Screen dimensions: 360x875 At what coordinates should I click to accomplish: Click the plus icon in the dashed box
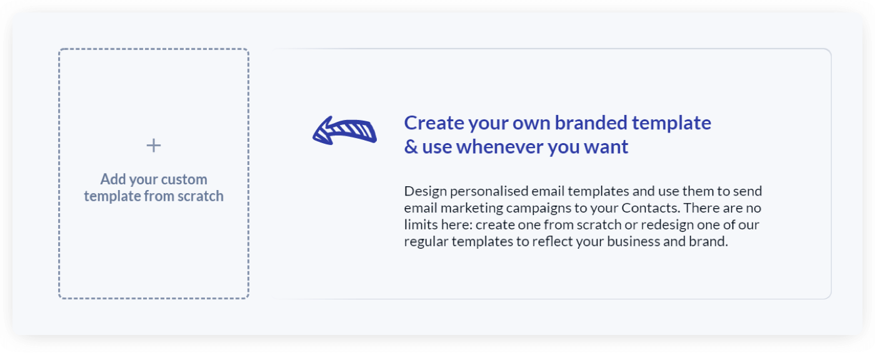154,146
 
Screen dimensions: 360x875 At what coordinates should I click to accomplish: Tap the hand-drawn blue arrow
344,131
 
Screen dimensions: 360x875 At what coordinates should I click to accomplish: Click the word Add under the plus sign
113,179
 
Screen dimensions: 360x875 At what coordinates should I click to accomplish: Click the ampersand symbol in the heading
411,147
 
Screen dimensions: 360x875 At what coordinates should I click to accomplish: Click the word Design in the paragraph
425,191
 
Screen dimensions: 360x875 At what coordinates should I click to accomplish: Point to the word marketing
464,208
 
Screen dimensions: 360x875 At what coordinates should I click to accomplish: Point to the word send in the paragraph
748,191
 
